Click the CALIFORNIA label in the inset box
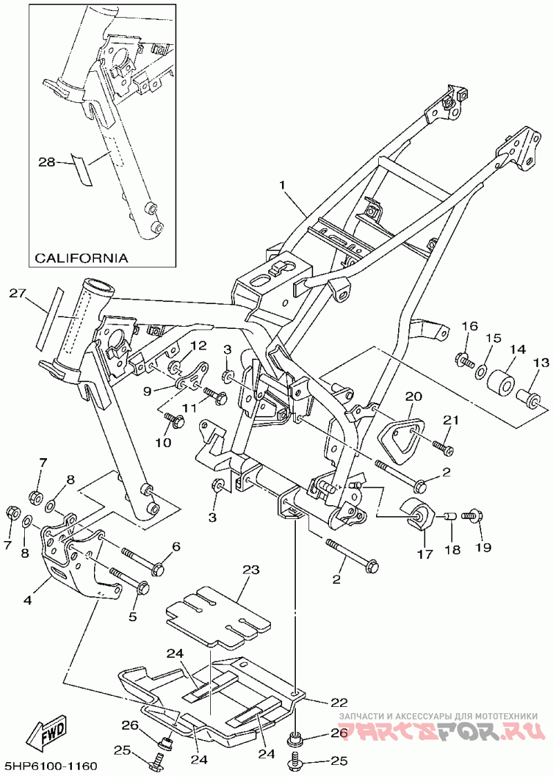point(81,258)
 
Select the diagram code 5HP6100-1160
point(50,766)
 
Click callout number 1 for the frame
point(282,185)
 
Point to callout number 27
point(17,293)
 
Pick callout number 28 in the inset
point(46,162)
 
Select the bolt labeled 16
point(465,359)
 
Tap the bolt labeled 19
point(474,515)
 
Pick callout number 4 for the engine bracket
point(28,600)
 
